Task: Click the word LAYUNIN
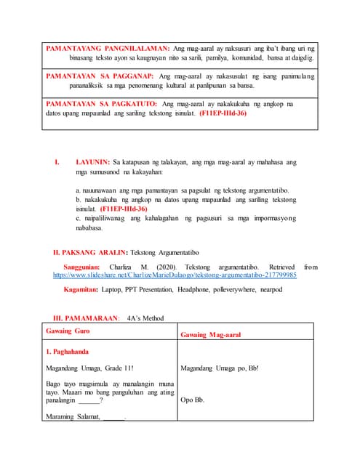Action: click(92, 163)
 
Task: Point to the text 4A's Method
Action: click(145, 318)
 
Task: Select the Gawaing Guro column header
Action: click(68, 331)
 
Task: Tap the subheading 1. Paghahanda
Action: click(67, 352)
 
